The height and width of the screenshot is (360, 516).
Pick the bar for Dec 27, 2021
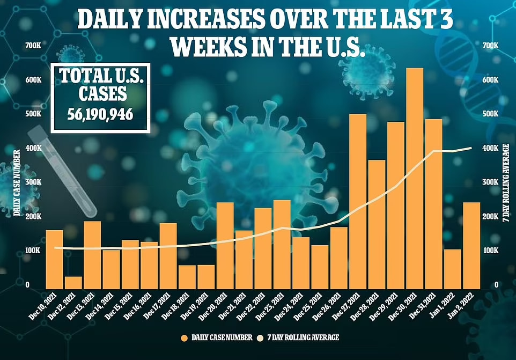(x=358, y=201)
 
